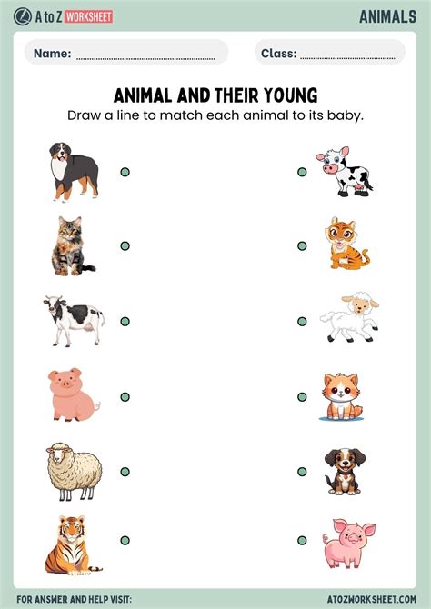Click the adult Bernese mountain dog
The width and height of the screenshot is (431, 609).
point(74,171)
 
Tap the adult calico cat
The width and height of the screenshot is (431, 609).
point(71,246)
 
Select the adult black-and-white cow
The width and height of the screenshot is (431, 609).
point(73,320)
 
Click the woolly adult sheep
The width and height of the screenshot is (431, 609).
point(73,472)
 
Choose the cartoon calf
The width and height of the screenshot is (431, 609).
point(345,171)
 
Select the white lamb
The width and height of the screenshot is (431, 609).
point(348,318)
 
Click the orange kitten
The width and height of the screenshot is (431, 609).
point(340,397)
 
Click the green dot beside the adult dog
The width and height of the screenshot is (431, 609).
point(125,171)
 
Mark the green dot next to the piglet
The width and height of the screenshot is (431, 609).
point(302,540)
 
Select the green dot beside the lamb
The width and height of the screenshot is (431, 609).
point(302,321)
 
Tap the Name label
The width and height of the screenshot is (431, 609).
point(52,54)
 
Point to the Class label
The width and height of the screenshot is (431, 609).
point(278,54)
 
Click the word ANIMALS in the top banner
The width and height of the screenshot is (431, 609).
point(387,15)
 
